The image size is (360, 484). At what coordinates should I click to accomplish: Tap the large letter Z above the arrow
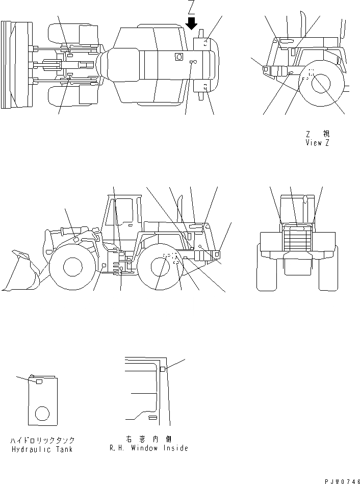pos(191,7)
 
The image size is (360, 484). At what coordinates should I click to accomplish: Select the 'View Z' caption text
pos(317,143)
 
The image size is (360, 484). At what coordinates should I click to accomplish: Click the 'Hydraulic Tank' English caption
pos(41,449)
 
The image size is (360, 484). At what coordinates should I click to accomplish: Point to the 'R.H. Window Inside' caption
pos(148,448)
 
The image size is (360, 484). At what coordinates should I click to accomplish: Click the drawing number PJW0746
pos(342,479)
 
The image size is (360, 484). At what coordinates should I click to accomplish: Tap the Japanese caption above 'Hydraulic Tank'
pos(42,440)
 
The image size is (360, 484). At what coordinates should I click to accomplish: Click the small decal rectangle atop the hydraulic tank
pos(39,380)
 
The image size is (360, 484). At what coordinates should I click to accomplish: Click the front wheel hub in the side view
pos(72,266)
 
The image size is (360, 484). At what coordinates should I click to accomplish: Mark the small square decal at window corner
pos(162,369)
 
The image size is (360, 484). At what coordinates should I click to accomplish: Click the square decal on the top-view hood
pos(178,57)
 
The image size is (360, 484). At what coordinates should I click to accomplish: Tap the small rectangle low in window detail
pos(152,418)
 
